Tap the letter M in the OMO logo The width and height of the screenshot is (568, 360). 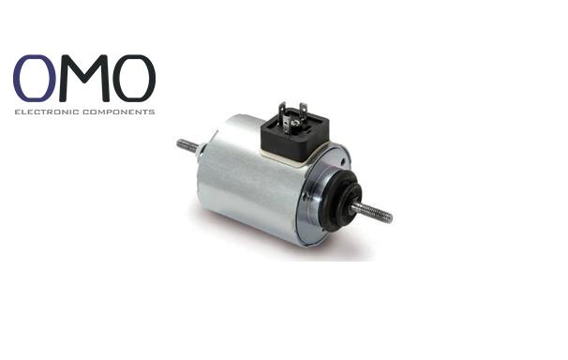[x=84, y=78]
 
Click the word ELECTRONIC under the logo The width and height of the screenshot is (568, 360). [x=47, y=112]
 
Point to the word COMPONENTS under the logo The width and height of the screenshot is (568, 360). [x=119, y=112]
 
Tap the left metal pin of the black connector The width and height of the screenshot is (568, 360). [x=282, y=116]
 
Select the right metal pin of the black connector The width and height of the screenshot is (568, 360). [x=304, y=113]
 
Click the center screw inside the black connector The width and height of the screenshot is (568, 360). [x=294, y=123]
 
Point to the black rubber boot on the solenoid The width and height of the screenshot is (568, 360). [x=340, y=201]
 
